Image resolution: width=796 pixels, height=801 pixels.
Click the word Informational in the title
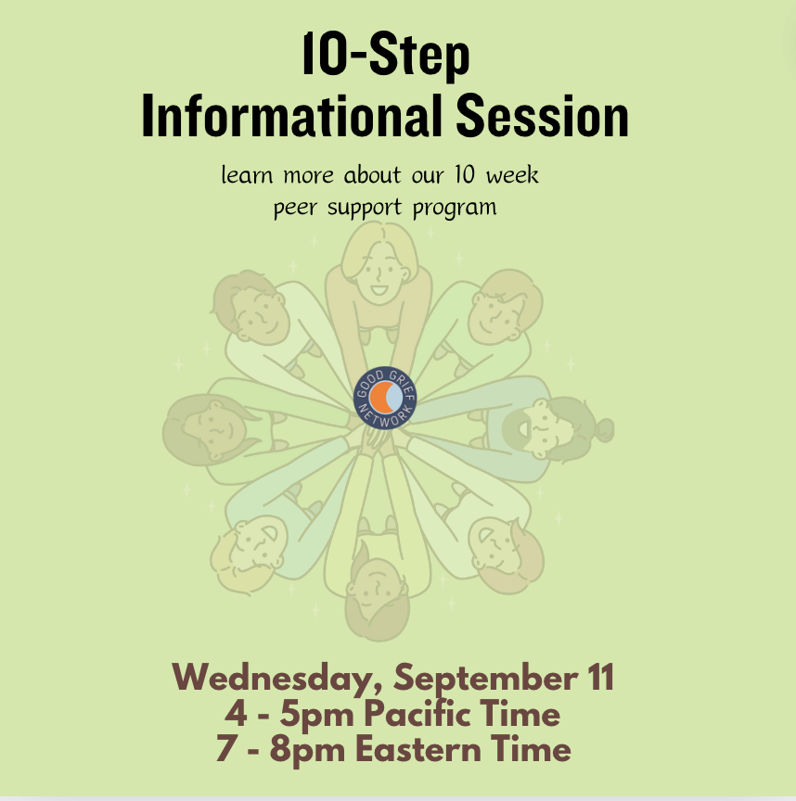coord(291,116)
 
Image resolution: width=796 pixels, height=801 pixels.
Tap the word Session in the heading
coord(543,116)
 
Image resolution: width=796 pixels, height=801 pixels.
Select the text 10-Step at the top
coord(386,55)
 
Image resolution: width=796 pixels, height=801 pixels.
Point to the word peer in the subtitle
coord(295,209)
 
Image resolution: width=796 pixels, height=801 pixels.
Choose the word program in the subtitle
coord(455,209)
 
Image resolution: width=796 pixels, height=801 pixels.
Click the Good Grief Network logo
coord(385,398)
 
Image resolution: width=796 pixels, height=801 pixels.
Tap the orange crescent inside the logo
coord(379,397)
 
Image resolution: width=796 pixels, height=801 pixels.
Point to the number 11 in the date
coord(600,678)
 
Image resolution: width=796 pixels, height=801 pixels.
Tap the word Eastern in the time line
coord(418,749)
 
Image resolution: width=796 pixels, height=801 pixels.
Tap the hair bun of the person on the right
coord(604,430)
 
